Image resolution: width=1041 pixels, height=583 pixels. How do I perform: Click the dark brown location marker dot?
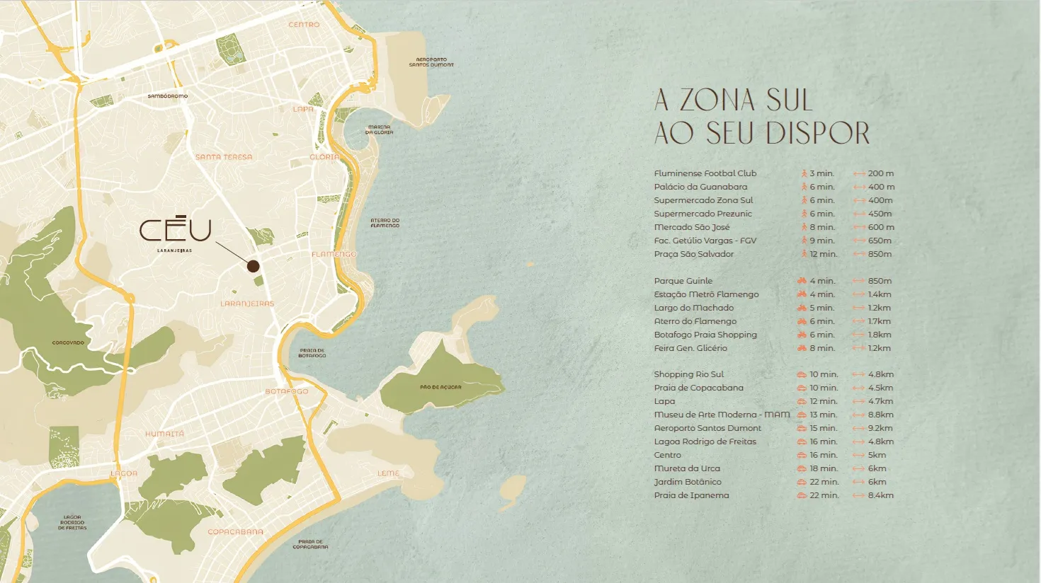[x=253, y=266]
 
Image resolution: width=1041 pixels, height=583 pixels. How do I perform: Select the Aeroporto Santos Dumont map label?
[x=431, y=62]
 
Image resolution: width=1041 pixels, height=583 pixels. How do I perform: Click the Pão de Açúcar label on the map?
[x=440, y=387]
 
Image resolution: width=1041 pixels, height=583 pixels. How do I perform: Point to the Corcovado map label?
[x=68, y=342]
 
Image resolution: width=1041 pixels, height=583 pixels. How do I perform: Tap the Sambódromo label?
[x=168, y=96]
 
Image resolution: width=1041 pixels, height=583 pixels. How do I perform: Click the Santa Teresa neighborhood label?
[x=224, y=157]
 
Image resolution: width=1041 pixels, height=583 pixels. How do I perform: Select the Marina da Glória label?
[x=379, y=130]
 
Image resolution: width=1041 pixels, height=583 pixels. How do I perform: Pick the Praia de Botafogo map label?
[x=312, y=353]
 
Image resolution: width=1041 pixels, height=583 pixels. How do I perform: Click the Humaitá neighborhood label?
[x=164, y=434]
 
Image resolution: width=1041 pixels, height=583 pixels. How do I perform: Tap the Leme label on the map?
[x=388, y=473]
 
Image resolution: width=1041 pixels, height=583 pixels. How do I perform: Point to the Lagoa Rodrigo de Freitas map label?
[x=72, y=523]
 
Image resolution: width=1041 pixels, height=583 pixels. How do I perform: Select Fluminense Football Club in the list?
[x=705, y=173]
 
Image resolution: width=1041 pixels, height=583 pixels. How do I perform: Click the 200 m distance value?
[x=880, y=173]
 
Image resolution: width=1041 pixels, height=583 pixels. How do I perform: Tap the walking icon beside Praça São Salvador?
[x=804, y=254]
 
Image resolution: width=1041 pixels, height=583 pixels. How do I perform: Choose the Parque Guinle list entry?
[x=683, y=281]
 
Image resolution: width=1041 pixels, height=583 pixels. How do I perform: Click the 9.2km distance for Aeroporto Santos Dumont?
[x=880, y=428]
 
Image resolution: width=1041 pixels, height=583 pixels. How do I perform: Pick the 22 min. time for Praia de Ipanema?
[x=824, y=495]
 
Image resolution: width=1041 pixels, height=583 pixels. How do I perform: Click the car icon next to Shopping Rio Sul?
[x=802, y=374]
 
